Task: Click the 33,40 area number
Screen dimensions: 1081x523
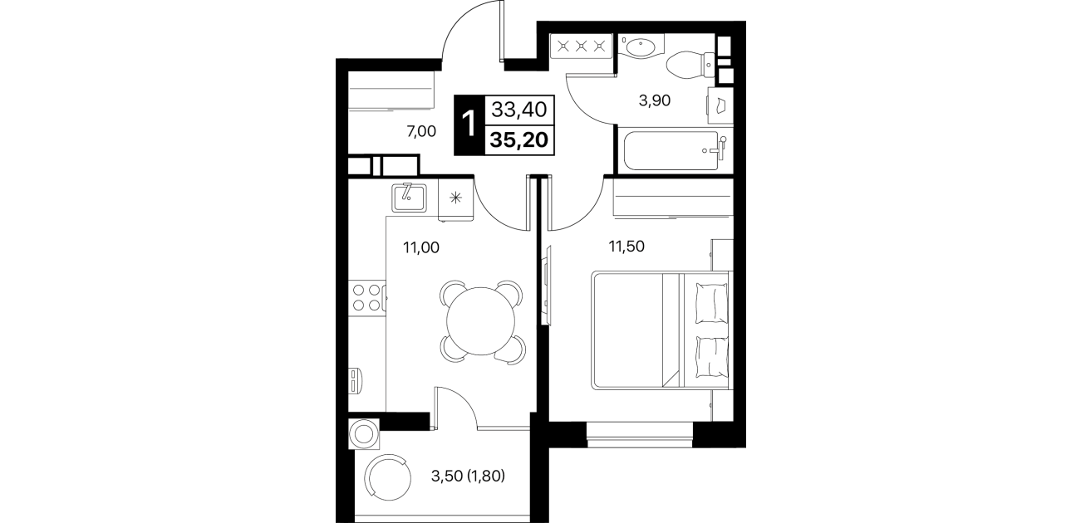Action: coord(518,110)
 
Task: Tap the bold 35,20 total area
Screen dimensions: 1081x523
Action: coord(518,139)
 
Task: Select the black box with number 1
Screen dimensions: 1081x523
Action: coord(469,125)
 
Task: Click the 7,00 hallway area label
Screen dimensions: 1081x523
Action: coord(421,131)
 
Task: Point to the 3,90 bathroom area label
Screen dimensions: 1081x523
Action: coord(655,100)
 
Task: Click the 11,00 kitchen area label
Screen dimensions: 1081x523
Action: coord(421,247)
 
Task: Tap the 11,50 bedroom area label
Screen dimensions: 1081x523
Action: coord(626,247)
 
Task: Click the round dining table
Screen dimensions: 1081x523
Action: coord(480,321)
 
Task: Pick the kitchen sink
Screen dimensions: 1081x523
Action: coord(409,197)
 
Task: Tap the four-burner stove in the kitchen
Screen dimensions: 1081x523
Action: coord(366,297)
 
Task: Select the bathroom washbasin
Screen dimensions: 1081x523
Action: coord(641,47)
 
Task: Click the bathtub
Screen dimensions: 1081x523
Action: coord(675,150)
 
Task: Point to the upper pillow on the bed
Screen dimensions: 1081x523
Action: coord(711,303)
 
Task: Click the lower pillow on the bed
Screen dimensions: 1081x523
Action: coord(712,357)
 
